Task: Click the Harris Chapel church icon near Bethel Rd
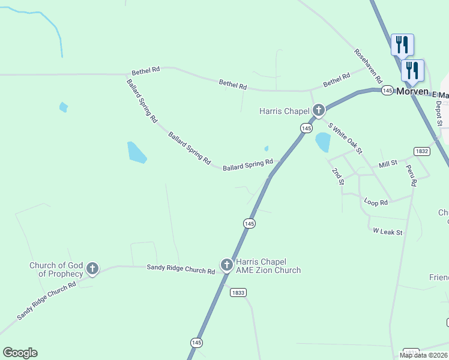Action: tap(318, 110)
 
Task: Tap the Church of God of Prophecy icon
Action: tap(92, 268)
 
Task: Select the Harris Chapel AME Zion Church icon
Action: tap(226, 265)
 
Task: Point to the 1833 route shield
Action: tap(238, 292)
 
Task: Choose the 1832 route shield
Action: tap(421, 151)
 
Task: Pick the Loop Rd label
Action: tap(376, 203)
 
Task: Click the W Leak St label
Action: tap(387, 231)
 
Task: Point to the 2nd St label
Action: tap(337, 176)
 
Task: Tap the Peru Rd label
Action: tap(411, 176)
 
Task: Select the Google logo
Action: tap(20, 353)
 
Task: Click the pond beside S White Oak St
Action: tap(323, 142)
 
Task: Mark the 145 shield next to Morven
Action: tap(387, 90)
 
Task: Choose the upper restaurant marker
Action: tap(402, 44)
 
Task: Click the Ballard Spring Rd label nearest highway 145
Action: tap(248, 164)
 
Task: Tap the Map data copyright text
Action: tap(424, 355)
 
